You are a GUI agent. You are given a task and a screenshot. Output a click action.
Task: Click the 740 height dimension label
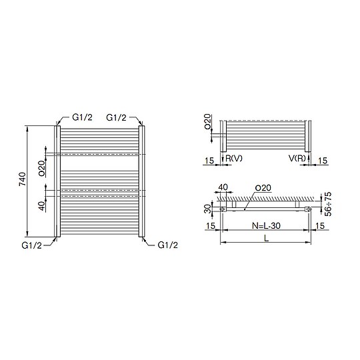pyautogui.click(x=23, y=179)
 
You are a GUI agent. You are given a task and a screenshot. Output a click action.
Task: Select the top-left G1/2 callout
pyautogui.click(x=82, y=117)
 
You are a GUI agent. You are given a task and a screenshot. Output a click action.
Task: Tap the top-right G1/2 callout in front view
pyautogui.click(x=116, y=118)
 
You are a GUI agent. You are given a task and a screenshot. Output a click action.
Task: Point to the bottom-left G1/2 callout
pyautogui.click(x=32, y=245)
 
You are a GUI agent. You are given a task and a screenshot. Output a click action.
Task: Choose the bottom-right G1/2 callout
pyautogui.click(x=168, y=245)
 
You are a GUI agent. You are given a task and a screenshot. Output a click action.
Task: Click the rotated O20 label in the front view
pyautogui.click(x=41, y=168)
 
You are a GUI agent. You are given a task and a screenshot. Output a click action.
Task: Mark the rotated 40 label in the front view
pyautogui.click(x=41, y=206)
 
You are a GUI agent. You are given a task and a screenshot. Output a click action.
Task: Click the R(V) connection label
pyautogui.click(x=234, y=158)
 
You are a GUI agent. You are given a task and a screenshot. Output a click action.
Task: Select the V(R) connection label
pyautogui.click(x=297, y=158)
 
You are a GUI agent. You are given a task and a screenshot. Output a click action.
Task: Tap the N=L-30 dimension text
pyautogui.click(x=266, y=226)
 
